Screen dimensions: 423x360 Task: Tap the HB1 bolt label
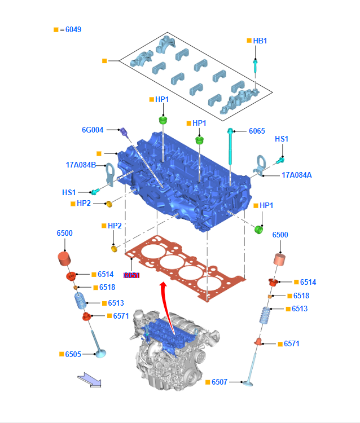click(260, 41)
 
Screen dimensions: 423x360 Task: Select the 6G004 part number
click(93, 130)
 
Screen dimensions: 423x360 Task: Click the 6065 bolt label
click(257, 131)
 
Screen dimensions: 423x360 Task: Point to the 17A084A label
click(296, 175)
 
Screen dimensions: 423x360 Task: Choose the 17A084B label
click(81, 165)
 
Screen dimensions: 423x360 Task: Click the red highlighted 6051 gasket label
click(131, 275)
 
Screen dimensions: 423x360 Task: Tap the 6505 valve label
click(73, 354)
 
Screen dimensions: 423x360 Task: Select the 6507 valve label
click(219, 382)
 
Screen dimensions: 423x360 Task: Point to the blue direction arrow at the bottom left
click(89, 379)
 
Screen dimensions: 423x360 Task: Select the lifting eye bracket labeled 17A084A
click(261, 165)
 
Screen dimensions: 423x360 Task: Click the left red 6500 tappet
click(66, 259)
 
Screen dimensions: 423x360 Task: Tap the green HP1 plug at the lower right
click(260, 230)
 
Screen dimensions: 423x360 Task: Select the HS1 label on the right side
click(282, 139)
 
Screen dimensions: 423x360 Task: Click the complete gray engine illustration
click(168, 350)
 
